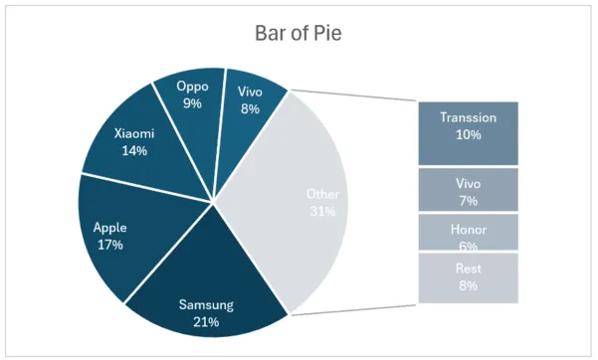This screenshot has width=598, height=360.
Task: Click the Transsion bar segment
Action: (x=468, y=130)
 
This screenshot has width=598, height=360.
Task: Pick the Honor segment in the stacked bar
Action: (x=468, y=232)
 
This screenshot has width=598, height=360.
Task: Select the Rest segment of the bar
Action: (x=468, y=277)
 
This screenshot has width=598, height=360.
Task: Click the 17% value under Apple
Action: (x=109, y=244)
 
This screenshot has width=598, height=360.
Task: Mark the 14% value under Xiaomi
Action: (x=134, y=151)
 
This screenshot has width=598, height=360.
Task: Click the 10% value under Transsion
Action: (x=468, y=134)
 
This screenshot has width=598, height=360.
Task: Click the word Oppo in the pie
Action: (x=192, y=86)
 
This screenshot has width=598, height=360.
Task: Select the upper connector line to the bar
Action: (x=353, y=96)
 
